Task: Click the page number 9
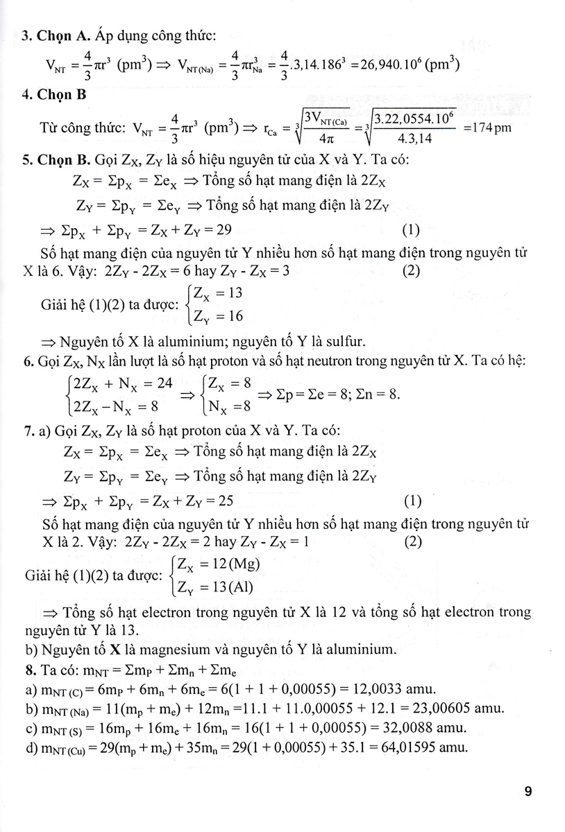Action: click(528, 791)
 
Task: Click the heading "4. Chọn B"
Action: click(53, 95)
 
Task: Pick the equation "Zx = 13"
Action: click(217, 293)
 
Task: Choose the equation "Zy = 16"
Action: click(217, 318)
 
